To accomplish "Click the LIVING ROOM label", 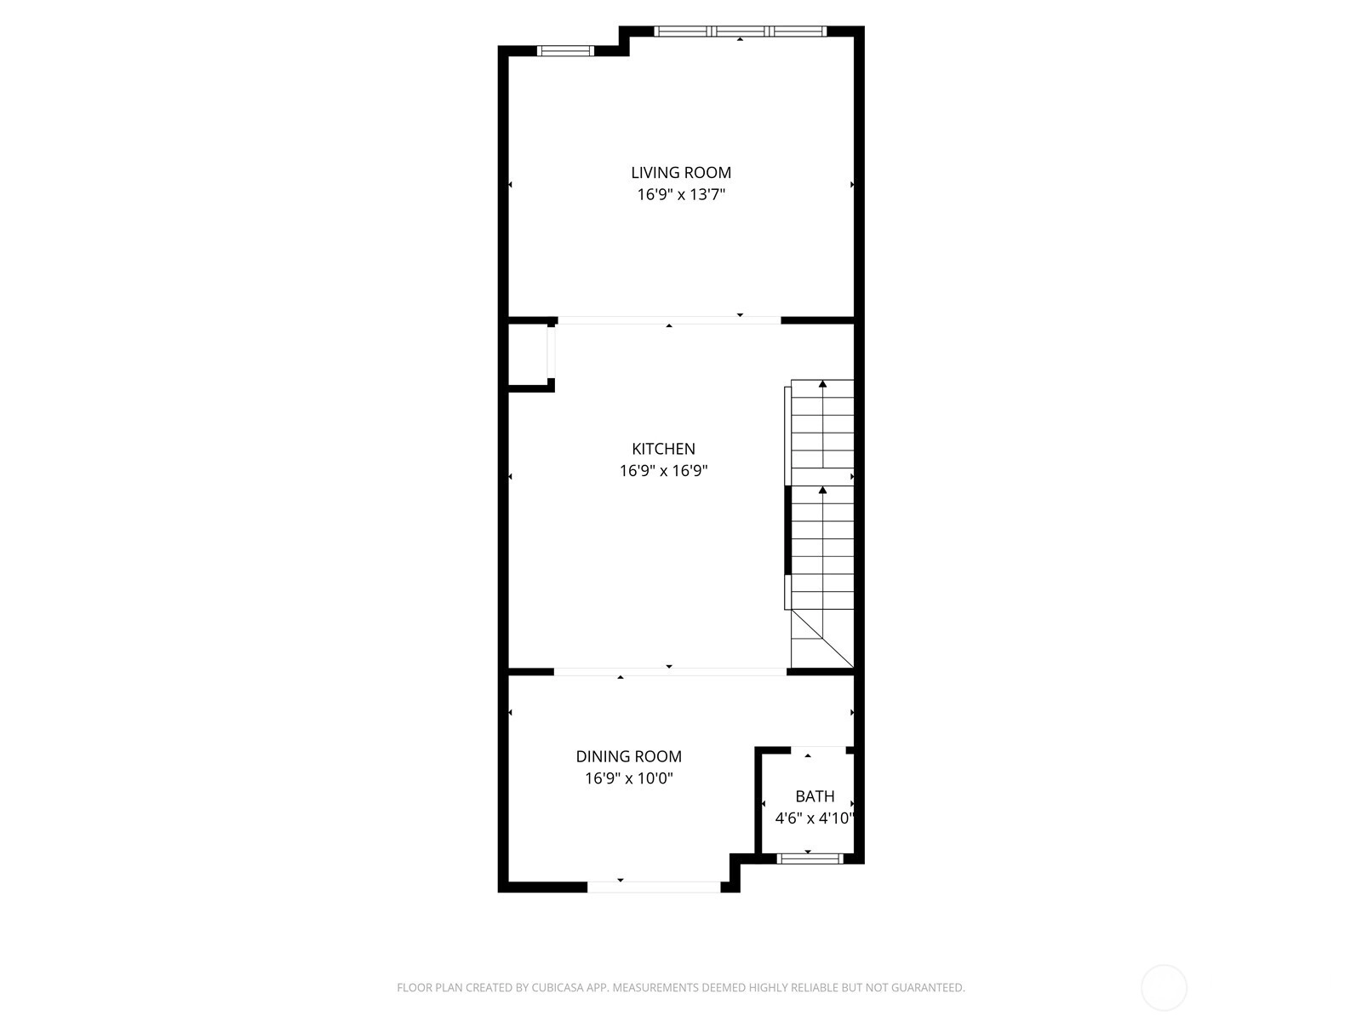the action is pos(681,173).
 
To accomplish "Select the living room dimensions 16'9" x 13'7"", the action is pos(681,195).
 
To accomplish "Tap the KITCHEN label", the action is pos(663,449).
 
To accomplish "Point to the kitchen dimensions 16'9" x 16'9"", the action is pos(663,471).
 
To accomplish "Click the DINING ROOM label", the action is pos(628,756).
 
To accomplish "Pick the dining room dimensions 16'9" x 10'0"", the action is pos(628,778).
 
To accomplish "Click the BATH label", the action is pos(815,796).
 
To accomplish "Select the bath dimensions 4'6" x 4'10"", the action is pos(815,818).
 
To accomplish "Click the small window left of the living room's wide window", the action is pos(565,51).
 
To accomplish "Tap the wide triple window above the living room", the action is pos(741,31).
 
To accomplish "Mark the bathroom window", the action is pos(810,858).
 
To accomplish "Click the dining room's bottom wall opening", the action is pos(654,887).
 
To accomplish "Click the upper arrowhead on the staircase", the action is pos(823,384).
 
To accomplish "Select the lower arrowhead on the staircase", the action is pos(823,491).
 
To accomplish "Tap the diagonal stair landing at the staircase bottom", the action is pos(823,639).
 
